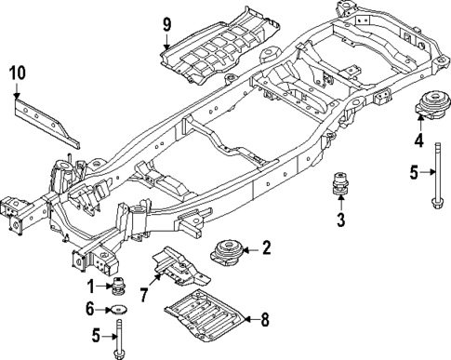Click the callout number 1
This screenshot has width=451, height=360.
[x=92, y=286]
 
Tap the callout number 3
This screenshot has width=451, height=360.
[x=340, y=220]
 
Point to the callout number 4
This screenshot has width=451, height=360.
[x=418, y=140]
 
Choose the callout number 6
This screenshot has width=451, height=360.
[x=91, y=308]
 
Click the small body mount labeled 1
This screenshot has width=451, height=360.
[x=119, y=287]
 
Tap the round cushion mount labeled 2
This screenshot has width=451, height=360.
[x=228, y=253]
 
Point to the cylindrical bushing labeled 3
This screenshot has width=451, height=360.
[x=340, y=186]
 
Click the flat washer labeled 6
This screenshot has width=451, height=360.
[x=118, y=308]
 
